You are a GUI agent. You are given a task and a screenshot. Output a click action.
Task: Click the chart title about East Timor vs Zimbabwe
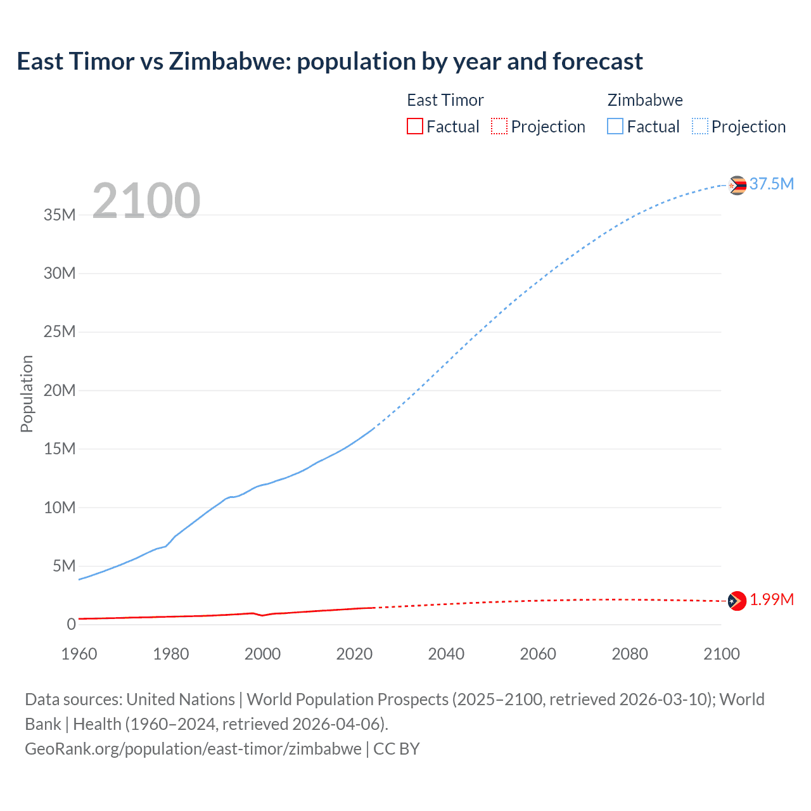coord(329,61)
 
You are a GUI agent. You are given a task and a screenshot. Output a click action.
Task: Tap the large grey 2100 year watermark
coord(146,201)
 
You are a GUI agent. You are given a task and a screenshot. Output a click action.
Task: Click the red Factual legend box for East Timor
coord(414,127)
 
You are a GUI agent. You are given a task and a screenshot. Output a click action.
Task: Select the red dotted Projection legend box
coord(499,127)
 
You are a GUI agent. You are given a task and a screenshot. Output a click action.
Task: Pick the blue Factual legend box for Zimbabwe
coord(615,127)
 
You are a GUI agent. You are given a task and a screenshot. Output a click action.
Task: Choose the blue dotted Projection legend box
coord(700,127)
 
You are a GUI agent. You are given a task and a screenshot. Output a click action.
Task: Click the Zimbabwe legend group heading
coord(645,100)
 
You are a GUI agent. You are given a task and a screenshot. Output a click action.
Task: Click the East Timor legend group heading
coord(445,100)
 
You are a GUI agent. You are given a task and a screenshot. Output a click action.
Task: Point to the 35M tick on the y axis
coord(60,215)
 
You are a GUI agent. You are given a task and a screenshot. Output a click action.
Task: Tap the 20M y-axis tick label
coord(60,390)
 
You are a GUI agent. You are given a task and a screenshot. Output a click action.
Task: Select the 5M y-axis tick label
coord(64,566)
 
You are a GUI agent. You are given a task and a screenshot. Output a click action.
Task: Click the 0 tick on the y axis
coord(71,624)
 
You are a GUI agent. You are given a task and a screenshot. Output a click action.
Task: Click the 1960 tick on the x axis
coord(79,654)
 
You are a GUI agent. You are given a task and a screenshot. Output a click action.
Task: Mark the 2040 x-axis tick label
coord(446,654)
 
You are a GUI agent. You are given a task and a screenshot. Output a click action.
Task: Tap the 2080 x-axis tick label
coord(630,654)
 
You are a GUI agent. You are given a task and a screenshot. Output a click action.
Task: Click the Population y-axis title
coord(27,393)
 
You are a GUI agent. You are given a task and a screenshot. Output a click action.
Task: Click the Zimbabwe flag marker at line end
coord(737,185)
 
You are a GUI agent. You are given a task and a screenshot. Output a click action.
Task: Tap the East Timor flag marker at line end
coord(737,601)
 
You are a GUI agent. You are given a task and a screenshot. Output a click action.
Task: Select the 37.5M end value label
coord(771,184)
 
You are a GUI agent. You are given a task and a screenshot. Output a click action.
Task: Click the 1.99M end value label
coord(772,599)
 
